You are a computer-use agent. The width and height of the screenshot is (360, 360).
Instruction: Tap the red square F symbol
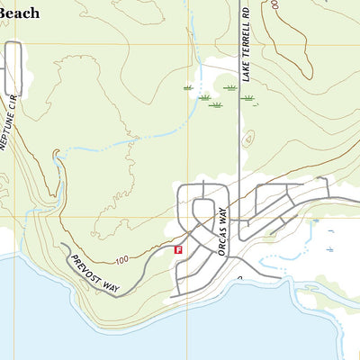click(178, 249)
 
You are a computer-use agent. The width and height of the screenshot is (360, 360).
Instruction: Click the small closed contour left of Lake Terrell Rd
click(249, 138)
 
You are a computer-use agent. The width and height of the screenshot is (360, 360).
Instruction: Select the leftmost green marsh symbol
click(188, 88)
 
